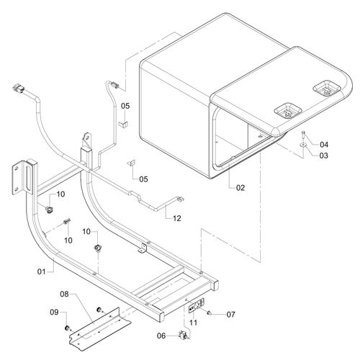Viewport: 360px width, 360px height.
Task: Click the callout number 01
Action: (41, 271)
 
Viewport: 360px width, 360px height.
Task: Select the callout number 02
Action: (240, 188)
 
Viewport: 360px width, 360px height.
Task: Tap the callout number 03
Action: (324, 156)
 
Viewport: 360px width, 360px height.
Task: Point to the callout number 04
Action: (324, 145)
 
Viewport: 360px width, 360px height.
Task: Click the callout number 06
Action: (161, 336)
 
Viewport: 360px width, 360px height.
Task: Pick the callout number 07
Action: (231, 315)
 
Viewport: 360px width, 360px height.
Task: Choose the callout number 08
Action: (64, 294)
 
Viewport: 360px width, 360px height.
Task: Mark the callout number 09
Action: (54, 312)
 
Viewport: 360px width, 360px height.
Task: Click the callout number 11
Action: (194, 323)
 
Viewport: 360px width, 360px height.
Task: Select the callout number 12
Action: (177, 218)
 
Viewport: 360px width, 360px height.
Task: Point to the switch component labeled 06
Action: (184, 335)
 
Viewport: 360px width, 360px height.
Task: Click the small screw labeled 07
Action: (209, 312)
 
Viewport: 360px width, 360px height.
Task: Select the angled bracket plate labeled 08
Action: (100, 328)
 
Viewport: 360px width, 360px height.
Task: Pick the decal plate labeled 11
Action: (197, 305)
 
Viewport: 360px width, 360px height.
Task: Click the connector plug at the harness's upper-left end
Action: (18, 88)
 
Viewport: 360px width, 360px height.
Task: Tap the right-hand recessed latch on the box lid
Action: (327, 89)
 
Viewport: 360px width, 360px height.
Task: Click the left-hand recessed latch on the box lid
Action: (288, 110)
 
